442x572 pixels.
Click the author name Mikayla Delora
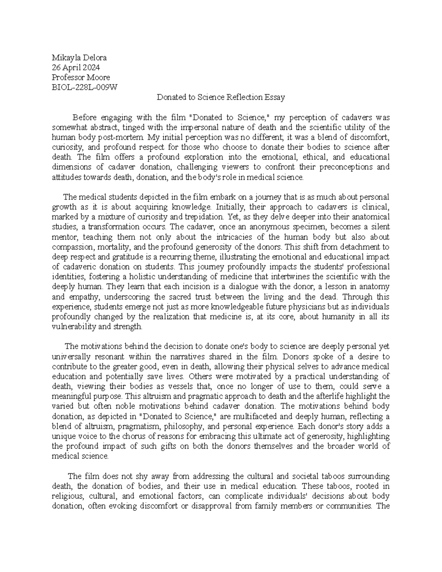79,57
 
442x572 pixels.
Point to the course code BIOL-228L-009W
84,87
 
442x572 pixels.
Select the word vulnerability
73,326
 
